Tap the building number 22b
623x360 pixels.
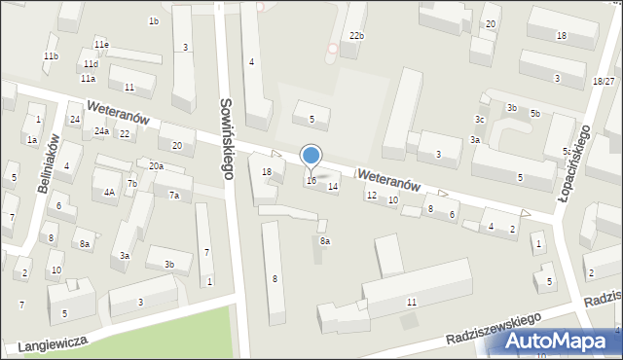pyautogui.click(x=357, y=36)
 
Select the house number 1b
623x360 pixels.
pyautogui.click(x=154, y=20)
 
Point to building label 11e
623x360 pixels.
pyautogui.click(x=101, y=45)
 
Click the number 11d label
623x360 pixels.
pyautogui.click(x=91, y=64)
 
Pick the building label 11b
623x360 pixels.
pyautogui.click(x=51, y=56)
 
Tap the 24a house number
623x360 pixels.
pyautogui.click(x=101, y=131)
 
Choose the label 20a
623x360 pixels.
pyautogui.click(x=156, y=166)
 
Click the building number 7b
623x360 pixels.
pyautogui.click(x=131, y=184)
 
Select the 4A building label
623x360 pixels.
pyautogui.click(x=110, y=192)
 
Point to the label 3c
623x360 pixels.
pyautogui.click(x=479, y=119)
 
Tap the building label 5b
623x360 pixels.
pyautogui.click(x=534, y=114)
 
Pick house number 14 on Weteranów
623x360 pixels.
pyautogui.click(x=333, y=186)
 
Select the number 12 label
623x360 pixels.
pyautogui.click(x=371, y=196)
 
